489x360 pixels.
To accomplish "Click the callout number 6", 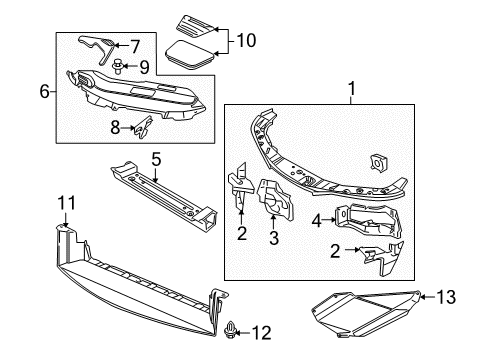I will click(44, 91).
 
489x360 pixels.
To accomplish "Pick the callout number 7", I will click(136, 44).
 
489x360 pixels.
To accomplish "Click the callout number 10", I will click(245, 41).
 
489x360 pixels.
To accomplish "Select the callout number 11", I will click(65, 203).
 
